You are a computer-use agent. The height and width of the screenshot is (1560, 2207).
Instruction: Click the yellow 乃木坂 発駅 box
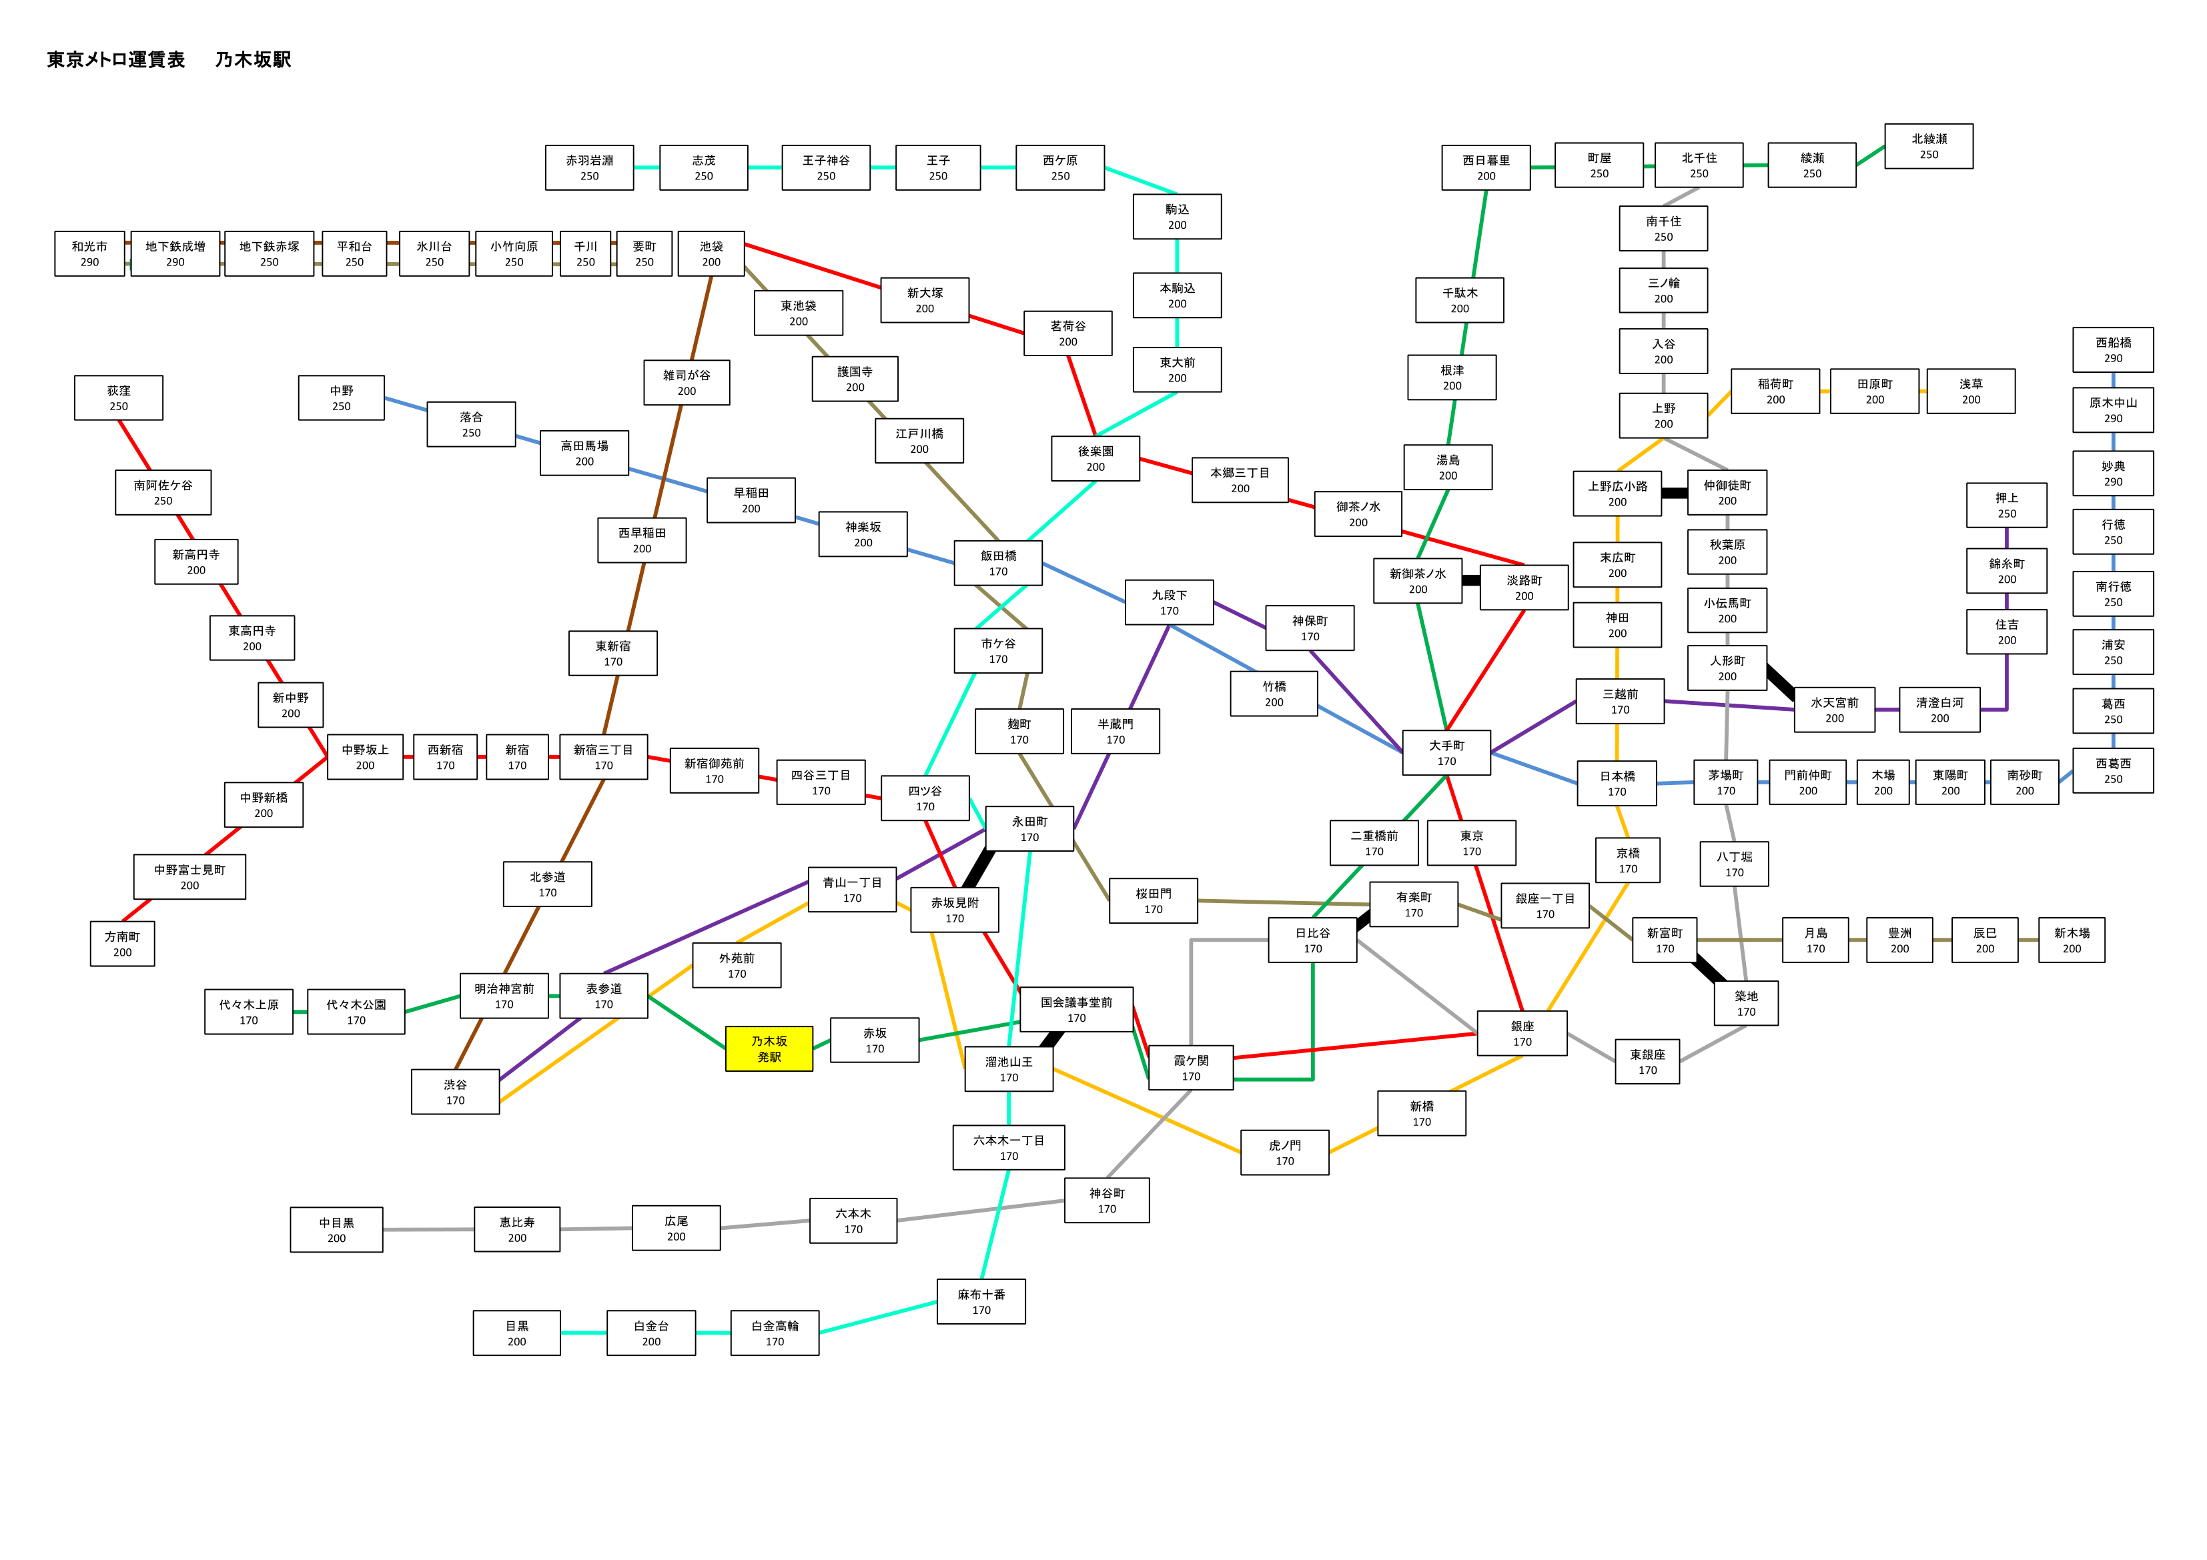(x=769, y=1048)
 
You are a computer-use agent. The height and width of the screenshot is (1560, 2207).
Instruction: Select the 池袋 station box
(x=711, y=253)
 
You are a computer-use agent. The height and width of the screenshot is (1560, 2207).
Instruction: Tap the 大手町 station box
(x=1446, y=752)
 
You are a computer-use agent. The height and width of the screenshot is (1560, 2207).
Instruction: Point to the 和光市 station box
(x=89, y=253)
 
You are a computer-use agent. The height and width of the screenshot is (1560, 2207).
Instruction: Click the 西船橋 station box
(x=2113, y=350)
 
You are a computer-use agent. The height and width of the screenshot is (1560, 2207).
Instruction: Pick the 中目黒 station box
(x=336, y=1229)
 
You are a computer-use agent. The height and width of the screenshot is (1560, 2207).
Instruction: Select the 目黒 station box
(x=516, y=1333)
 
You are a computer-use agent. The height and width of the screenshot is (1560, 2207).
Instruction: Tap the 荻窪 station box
(x=118, y=398)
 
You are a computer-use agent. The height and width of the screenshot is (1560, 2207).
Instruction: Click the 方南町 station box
(x=122, y=944)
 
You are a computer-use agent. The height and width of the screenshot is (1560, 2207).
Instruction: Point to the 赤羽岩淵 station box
(x=589, y=168)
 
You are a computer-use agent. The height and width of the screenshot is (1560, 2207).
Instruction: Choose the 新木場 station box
(x=2072, y=940)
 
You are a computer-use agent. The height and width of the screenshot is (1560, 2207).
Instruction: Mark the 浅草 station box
(x=1971, y=392)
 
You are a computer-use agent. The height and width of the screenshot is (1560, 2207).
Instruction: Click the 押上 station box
(x=2007, y=506)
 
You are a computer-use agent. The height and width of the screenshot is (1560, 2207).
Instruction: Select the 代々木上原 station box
(x=249, y=1012)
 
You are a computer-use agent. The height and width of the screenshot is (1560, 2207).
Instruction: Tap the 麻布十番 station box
(x=981, y=1301)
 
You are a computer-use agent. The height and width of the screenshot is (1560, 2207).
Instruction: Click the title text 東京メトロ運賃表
(x=115, y=59)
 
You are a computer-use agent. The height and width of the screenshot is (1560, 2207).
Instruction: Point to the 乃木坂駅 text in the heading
(x=253, y=59)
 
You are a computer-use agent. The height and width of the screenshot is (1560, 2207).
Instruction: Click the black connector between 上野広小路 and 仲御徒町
(x=1675, y=493)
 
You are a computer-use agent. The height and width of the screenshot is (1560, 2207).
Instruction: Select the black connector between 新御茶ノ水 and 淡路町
(x=1470, y=580)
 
